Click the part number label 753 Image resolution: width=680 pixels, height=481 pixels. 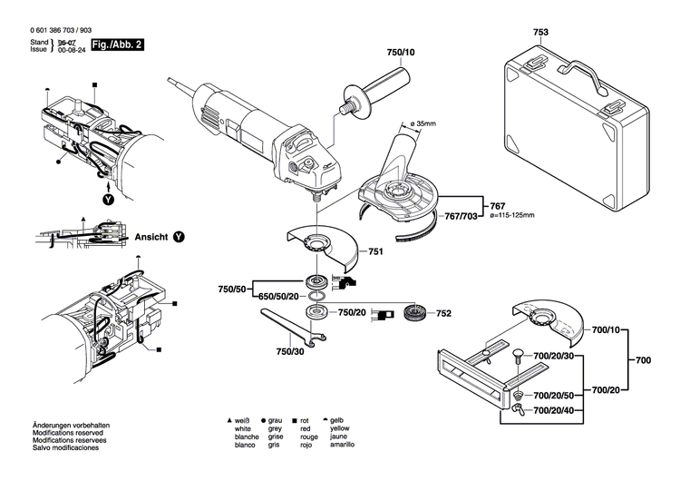(x=540, y=33)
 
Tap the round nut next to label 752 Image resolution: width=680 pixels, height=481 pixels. (x=413, y=314)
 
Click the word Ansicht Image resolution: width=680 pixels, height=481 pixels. (x=151, y=236)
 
